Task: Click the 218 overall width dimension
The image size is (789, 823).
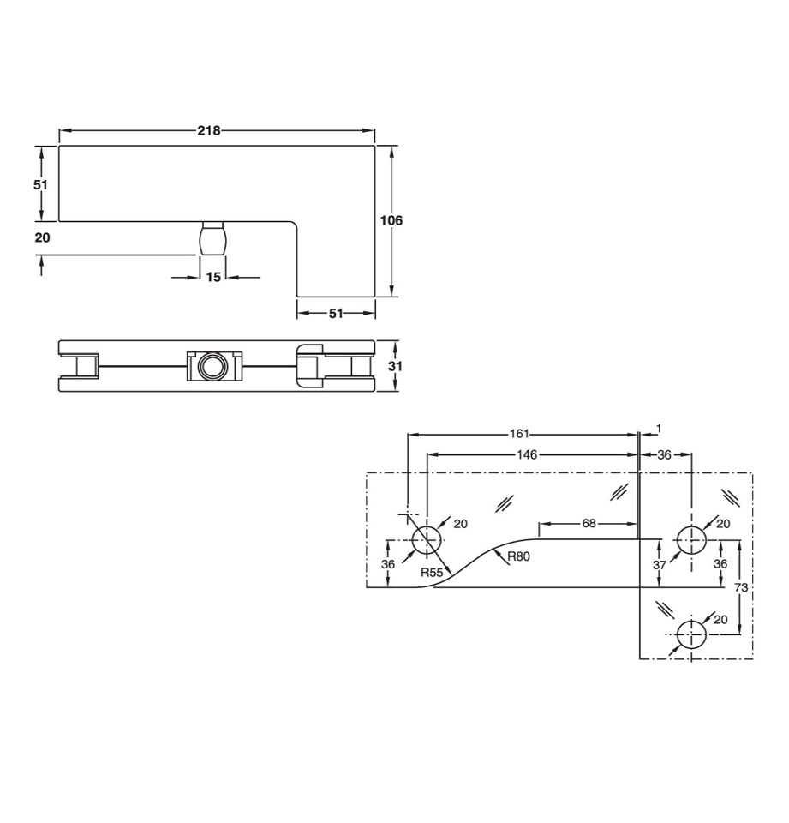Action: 209,131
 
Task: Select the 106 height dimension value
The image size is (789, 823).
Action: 391,220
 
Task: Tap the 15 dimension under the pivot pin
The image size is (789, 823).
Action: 213,277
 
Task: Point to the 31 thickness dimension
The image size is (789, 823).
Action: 395,366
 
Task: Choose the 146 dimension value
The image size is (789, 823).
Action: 527,454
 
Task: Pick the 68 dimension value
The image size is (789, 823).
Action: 589,523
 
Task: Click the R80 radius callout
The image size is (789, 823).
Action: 518,556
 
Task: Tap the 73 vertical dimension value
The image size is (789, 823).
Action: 741,587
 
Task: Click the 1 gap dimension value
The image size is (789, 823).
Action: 659,428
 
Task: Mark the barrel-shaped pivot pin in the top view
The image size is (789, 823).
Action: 212,237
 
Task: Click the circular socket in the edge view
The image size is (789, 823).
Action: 209,367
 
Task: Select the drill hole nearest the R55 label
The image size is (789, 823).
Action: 427,540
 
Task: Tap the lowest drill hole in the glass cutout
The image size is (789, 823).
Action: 690,635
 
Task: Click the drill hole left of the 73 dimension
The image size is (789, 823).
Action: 690,540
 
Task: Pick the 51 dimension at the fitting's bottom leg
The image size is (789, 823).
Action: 336,314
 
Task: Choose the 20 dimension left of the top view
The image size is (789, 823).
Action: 41,237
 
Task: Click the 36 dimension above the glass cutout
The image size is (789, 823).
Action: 664,454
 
